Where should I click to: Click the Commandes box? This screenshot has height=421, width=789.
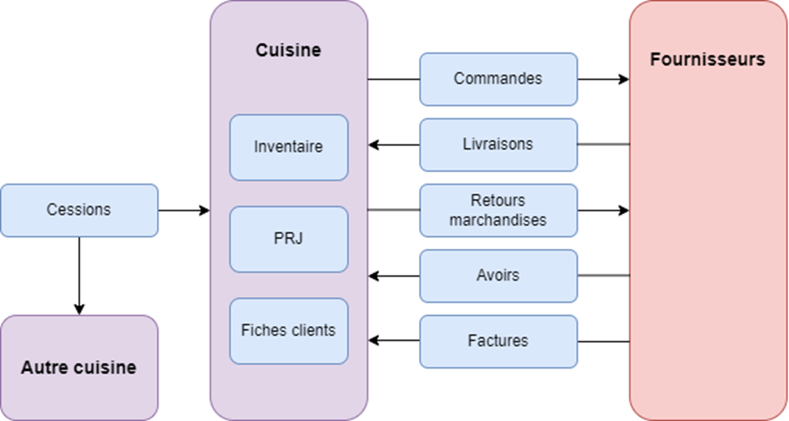[x=498, y=79]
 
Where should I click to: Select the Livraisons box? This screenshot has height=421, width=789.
[x=498, y=145]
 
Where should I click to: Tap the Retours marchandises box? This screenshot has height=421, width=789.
[x=498, y=210]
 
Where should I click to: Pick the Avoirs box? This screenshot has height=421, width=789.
[x=498, y=275]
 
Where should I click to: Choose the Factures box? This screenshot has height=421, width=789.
[x=498, y=341]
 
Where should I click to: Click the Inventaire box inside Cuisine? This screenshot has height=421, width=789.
[x=288, y=147]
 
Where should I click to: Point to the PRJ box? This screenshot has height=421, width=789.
[x=288, y=239]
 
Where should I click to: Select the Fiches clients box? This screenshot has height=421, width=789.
[x=288, y=331]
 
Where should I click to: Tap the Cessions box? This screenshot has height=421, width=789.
[x=78, y=210]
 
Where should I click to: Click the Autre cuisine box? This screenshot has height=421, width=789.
[x=78, y=368]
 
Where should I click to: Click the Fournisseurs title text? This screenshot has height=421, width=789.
[x=707, y=59]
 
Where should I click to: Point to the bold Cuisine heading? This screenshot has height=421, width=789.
[x=288, y=50]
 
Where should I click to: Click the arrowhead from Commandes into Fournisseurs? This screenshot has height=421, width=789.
[x=623, y=79]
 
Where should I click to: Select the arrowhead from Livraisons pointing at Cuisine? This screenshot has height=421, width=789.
[x=374, y=145]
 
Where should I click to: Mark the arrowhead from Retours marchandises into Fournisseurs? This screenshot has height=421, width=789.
[x=623, y=210]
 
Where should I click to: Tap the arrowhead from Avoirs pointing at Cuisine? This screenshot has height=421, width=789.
[x=374, y=275]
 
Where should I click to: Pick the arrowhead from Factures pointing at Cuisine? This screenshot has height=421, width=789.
[x=374, y=341]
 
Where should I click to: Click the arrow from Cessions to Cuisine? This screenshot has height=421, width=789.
[x=184, y=210]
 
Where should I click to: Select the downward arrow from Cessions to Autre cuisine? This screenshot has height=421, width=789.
[x=78, y=276]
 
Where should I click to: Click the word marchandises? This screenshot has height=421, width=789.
[x=498, y=221]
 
